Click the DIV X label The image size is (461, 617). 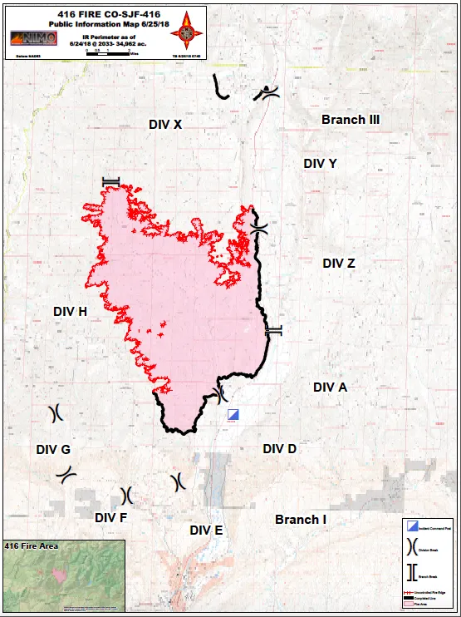click(165, 124)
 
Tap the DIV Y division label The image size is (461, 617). click(320, 163)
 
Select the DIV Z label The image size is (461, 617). click(339, 263)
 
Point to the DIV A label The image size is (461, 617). click(330, 387)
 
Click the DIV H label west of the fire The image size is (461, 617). click(70, 311)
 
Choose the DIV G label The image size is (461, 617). click(53, 449)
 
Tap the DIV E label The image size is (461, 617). click(206, 530)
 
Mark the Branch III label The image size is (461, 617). click(351, 120)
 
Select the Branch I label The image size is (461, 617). click(300, 520)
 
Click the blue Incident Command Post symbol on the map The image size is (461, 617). click(233, 414)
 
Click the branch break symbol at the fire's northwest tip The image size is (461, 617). click(110, 181)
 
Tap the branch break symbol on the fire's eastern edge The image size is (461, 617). click(273, 330)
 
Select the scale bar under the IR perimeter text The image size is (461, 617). click(112, 52)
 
